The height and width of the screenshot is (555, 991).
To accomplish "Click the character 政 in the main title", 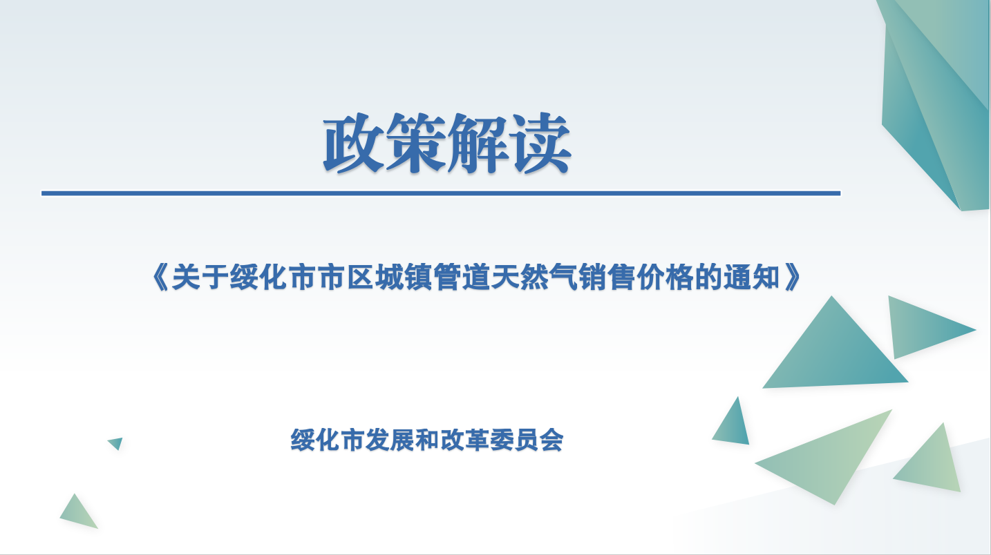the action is coord(354,143).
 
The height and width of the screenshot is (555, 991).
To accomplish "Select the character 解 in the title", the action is coord(478,143).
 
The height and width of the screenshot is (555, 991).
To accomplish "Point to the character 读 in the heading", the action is coord(540,143).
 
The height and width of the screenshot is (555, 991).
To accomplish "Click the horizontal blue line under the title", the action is coord(441,193).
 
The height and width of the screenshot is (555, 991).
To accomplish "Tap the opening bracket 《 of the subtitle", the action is coord(160,277).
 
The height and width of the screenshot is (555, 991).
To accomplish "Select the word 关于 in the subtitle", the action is coord(200,277).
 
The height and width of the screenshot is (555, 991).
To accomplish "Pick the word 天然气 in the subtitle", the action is coord(534,277).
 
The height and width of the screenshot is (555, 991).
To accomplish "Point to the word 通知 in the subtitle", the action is coord(752,277).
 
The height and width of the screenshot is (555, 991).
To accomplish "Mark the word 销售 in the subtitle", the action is coord(607,277).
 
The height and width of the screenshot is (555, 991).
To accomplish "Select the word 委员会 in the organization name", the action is coord(526,440).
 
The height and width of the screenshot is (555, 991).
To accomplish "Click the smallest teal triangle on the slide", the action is coord(116,442).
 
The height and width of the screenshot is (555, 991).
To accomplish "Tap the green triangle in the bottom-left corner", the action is coord(78,514).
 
